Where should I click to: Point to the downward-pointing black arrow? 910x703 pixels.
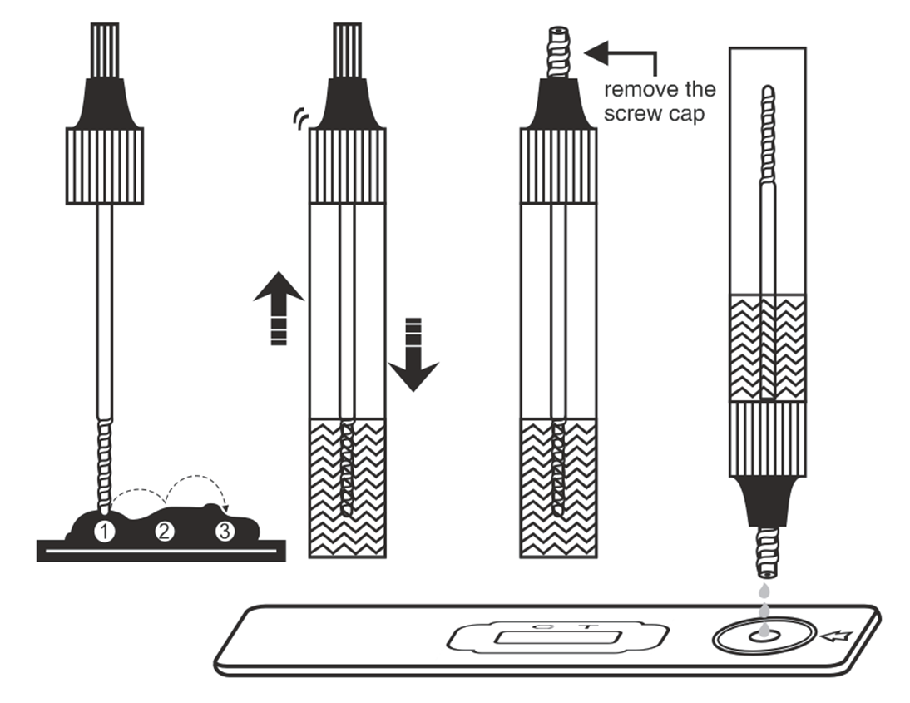pos(413,354)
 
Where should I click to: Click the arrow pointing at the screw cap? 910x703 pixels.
pos(620,56)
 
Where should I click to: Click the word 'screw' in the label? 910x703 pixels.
pos(631,113)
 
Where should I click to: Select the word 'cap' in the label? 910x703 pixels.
pos(688,114)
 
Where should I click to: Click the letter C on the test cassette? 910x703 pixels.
pos(537,624)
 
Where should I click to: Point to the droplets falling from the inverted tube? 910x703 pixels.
pos(762,603)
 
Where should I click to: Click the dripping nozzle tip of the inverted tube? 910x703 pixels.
pos(764,553)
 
